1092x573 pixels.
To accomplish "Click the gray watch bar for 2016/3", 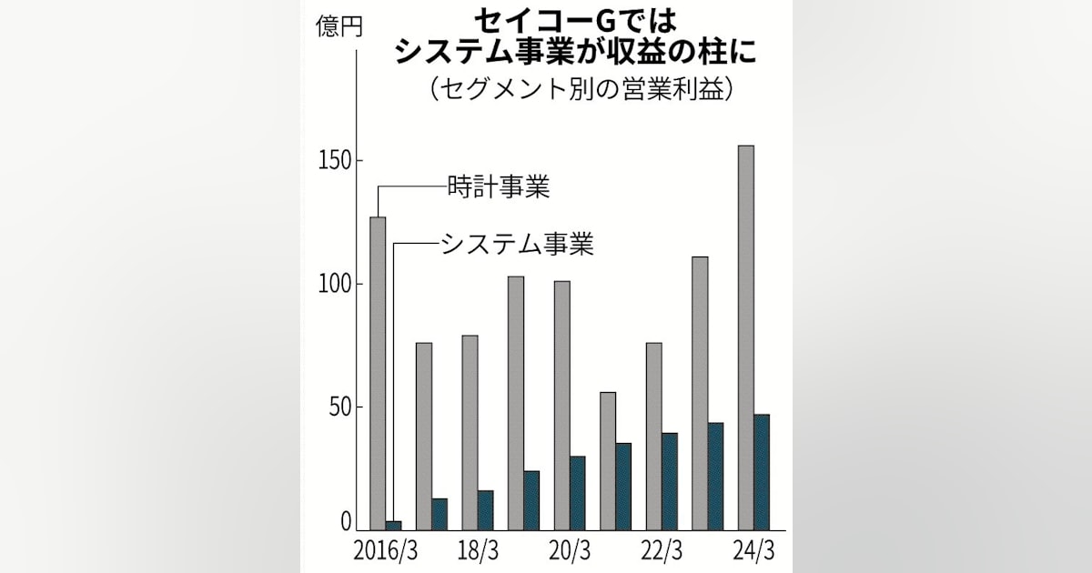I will pos(378,373).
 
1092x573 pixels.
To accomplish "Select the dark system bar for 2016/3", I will pos(393,525).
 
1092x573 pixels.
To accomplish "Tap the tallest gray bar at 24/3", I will pos(745,337).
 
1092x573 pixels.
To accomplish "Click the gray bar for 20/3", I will pos(561,405).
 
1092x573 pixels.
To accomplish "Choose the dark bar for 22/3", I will pos(670,481).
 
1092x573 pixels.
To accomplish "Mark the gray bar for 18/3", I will pos(470,432).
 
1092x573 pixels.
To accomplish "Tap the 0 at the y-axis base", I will pos(346,521).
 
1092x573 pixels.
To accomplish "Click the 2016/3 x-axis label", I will pos(386,552).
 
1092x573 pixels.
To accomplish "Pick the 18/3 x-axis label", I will pos(477,552).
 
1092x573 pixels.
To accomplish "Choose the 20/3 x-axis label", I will pos(570,552).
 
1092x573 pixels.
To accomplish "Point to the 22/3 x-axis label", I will pos(662,552).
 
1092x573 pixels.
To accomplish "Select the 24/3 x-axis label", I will pos(753,552).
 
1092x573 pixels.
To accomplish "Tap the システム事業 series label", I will pos(517,243).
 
